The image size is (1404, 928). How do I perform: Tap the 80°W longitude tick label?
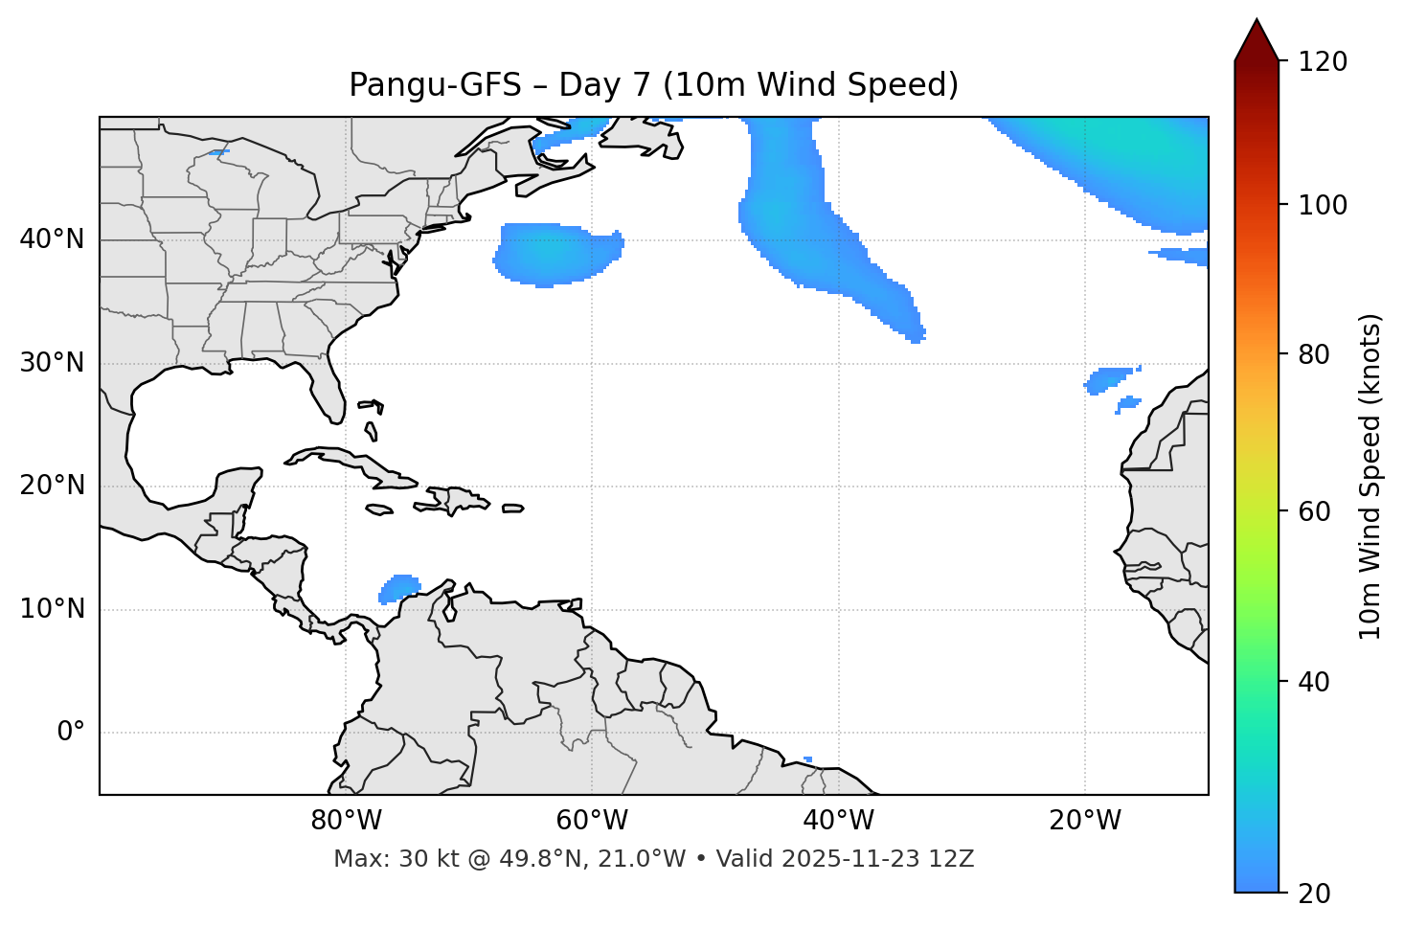pyautogui.click(x=346, y=821)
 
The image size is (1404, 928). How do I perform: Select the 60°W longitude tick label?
pyautogui.click(x=592, y=821)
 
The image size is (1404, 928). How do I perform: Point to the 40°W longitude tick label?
pyautogui.click(x=838, y=821)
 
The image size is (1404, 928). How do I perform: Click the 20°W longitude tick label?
pyautogui.click(x=1084, y=821)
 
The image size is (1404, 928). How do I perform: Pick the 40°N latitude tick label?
pyautogui.click(x=52, y=239)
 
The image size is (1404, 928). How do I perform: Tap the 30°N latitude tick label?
pyautogui.click(x=52, y=363)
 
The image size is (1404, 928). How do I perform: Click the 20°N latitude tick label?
pyautogui.click(x=52, y=486)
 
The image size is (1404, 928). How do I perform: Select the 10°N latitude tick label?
pyautogui.click(x=52, y=609)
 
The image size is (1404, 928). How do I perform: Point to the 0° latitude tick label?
pyautogui.click(x=71, y=733)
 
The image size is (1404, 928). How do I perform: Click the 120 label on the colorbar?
pyautogui.click(x=1323, y=62)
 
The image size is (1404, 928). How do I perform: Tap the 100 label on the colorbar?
pyautogui.click(x=1323, y=205)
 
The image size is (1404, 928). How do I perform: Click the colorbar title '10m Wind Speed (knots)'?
pyautogui.click(x=1370, y=476)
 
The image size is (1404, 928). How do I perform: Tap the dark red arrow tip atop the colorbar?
pyautogui.click(x=1257, y=36)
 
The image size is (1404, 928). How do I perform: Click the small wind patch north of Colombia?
pyautogui.click(x=399, y=587)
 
